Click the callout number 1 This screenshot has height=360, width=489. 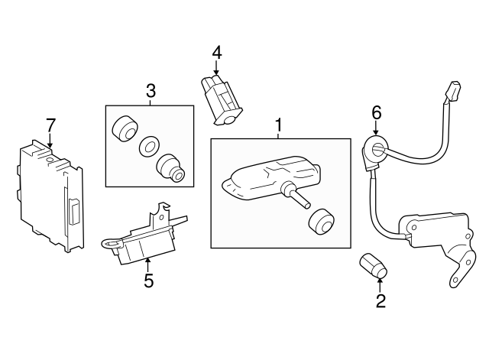(279, 125)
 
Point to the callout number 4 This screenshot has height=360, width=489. (216, 53)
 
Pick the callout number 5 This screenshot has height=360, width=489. (148, 281)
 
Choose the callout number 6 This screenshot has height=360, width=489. (376, 112)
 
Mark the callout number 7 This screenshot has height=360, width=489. (50, 124)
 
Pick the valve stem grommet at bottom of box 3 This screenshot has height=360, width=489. (169, 168)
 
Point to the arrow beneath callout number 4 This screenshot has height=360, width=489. (216, 67)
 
